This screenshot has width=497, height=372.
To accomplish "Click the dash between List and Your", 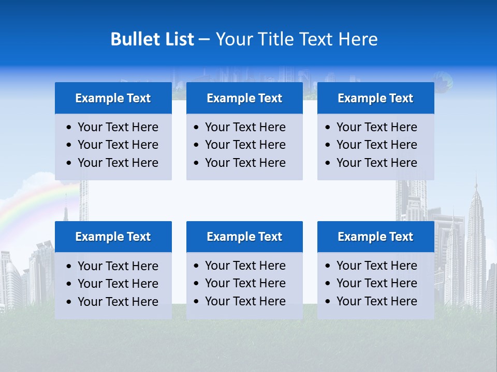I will tap(204, 40).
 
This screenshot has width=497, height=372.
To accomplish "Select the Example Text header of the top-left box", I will tap(113, 98).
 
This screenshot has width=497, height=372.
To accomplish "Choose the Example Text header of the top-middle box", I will tap(244, 98).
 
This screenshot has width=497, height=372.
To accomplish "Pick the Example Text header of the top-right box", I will tap(375, 98).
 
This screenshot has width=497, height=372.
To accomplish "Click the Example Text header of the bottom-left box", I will tap(113, 237).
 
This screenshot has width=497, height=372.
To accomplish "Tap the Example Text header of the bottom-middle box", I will tap(244, 237).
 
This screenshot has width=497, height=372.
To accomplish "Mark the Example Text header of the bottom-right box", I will tap(375, 237).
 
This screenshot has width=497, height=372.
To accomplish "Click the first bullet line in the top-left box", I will tap(118, 127).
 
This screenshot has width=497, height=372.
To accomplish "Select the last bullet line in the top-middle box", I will tap(245, 163).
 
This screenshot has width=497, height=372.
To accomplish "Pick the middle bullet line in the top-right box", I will tap(376, 145).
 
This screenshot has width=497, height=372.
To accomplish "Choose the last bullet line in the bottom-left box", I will tap(118, 302).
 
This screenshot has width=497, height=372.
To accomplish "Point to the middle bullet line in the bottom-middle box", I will tap(245, 283).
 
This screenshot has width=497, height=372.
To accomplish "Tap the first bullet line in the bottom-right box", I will tap(376, 266).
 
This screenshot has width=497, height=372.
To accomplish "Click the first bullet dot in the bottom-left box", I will tap(69, 267).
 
